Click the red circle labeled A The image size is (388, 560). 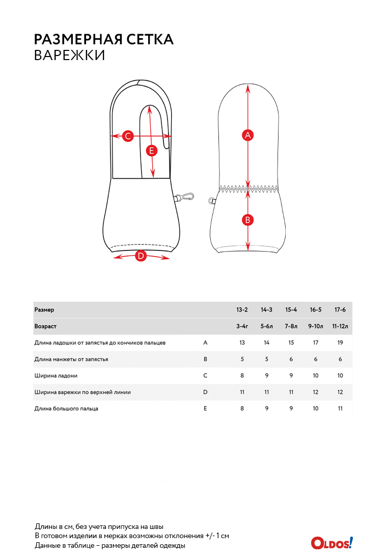(247, 135)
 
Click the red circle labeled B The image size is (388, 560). (247, 220)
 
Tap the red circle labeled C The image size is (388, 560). (128, 136)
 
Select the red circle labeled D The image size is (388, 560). (141, 256)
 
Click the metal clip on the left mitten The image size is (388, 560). (186, 197)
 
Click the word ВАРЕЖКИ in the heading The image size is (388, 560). (70, 55)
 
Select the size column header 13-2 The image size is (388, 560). (242, 310)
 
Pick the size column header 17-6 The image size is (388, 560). (340, 310)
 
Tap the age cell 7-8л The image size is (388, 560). (291, 326)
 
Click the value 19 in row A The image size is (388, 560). (340, 343)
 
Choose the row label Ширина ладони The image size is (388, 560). (56, 376)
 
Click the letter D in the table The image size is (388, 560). (205, 392)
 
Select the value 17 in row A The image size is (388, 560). (316, 343)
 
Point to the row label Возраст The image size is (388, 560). (45, 326)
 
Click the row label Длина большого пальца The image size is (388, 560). (66, 408)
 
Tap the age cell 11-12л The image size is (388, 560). (340, 326)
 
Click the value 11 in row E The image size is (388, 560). (340, 408)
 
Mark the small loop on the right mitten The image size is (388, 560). (212, 201)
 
